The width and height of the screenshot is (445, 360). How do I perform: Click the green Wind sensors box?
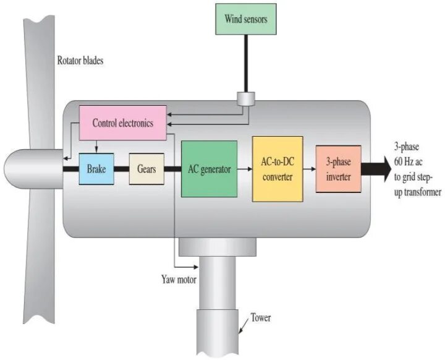point(245,19)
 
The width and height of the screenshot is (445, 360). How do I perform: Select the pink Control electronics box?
point(122,122)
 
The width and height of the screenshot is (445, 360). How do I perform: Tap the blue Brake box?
point(96,169)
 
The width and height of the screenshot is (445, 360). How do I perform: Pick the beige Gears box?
point(146,169)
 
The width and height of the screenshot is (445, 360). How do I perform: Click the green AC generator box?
point(209,169)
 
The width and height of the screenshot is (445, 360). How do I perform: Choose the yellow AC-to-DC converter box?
point(278,169)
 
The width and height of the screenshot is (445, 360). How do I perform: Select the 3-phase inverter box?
point(338,169)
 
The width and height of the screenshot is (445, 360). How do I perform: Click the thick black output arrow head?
point(384,169)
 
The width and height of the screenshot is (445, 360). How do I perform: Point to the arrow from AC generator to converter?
point(245,169)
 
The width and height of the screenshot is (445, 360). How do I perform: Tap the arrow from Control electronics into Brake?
point(96,147)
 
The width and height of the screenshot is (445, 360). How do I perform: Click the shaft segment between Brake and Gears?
point(122,169)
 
